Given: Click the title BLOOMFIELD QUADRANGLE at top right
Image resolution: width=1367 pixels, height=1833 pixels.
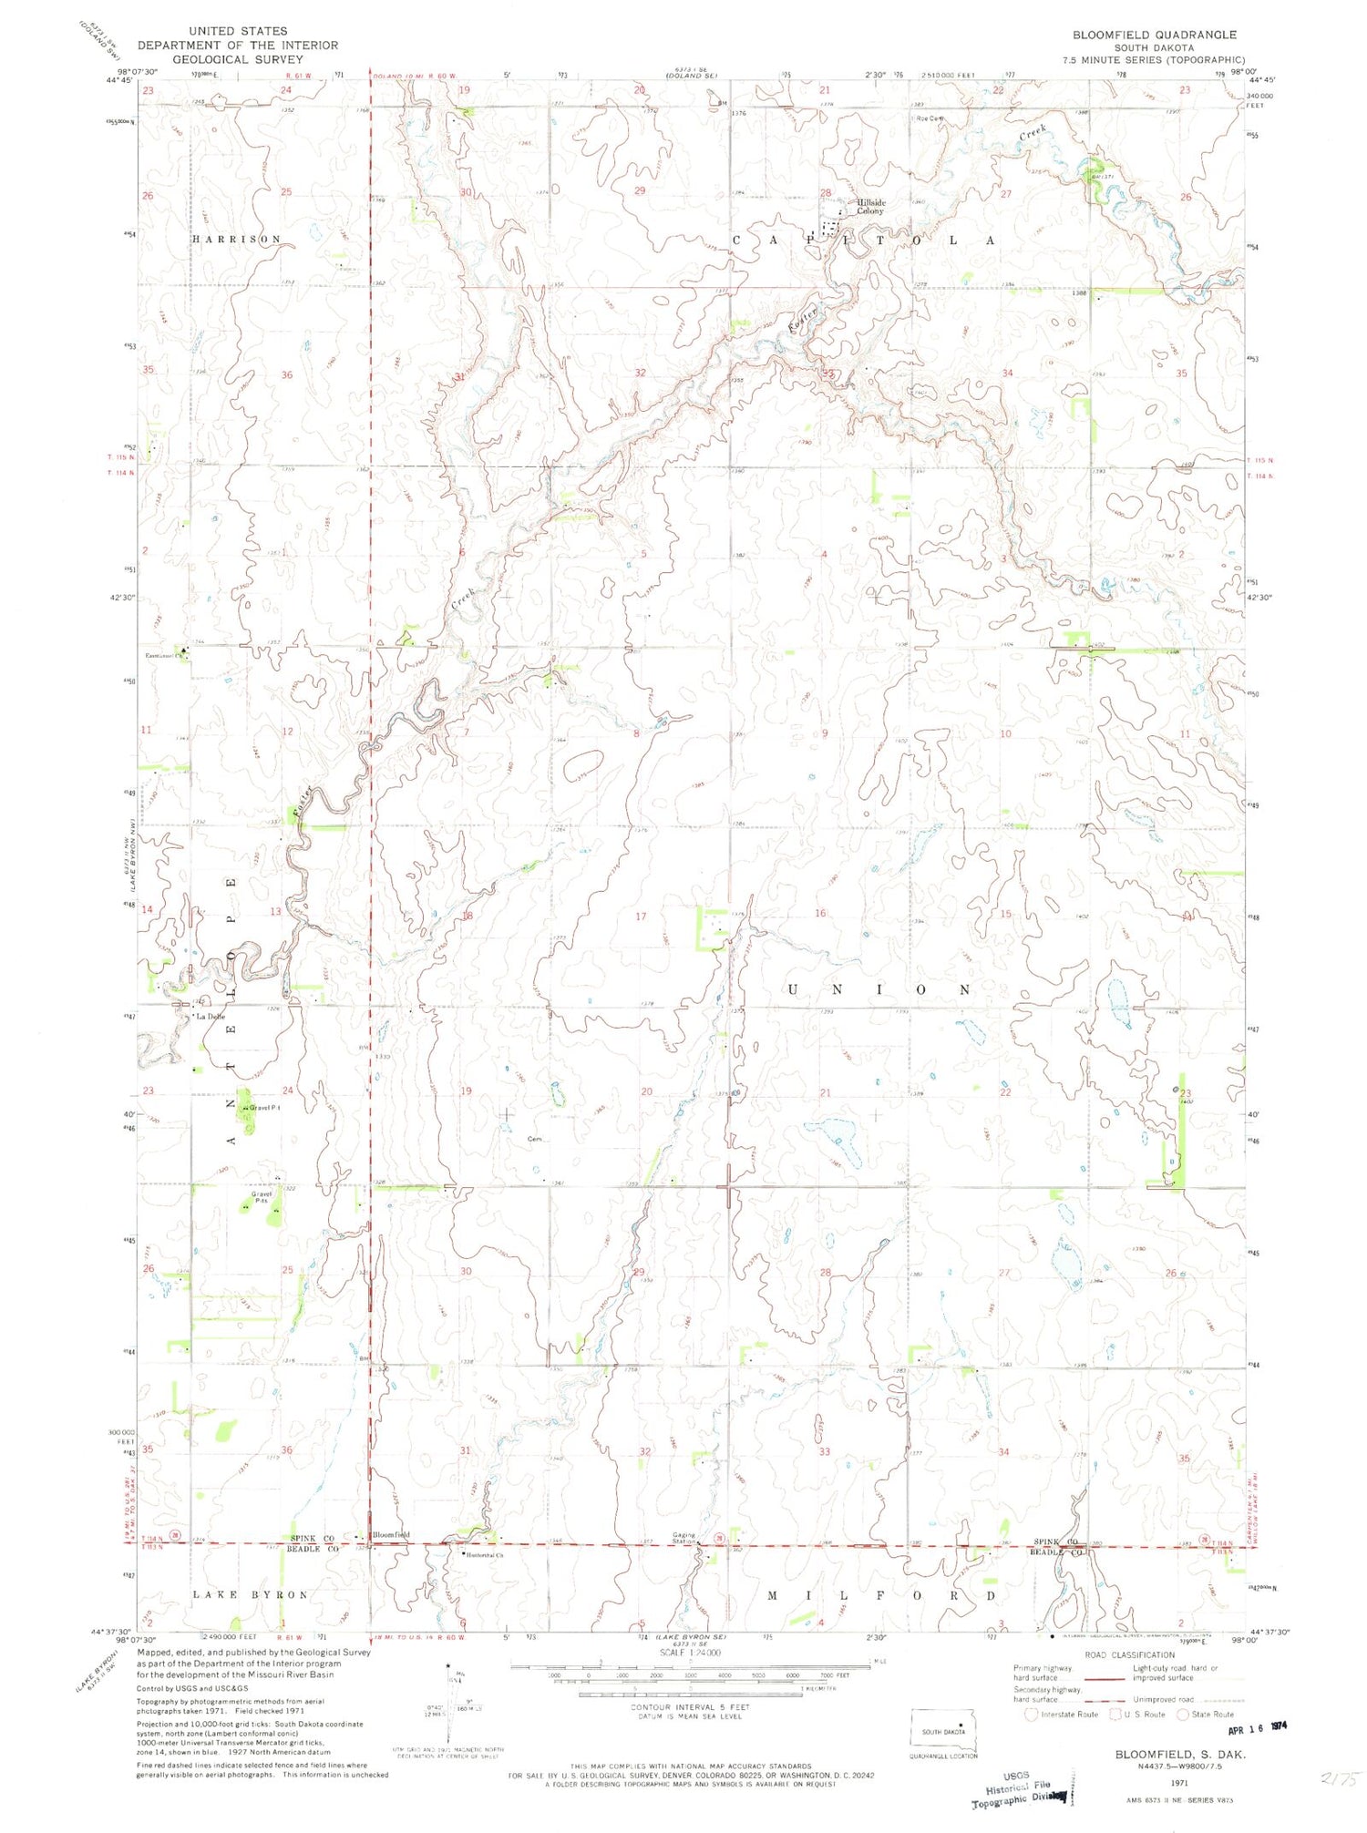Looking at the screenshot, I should [1154, 35].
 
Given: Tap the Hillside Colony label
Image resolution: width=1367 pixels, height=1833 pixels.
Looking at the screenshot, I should [870, 207].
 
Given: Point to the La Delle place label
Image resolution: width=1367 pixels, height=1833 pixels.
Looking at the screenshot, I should [210, 1017].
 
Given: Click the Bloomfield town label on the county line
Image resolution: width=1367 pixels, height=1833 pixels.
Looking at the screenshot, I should [392, 1534].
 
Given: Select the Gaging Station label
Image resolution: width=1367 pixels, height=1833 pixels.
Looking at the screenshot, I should [683, 1538].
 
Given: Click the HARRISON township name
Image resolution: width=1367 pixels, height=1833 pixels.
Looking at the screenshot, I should [236, 239].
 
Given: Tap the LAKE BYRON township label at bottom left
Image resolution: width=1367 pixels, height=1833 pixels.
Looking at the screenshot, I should [250, 1594].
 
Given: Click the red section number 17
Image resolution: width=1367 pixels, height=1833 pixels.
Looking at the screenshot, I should [641, 916].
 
